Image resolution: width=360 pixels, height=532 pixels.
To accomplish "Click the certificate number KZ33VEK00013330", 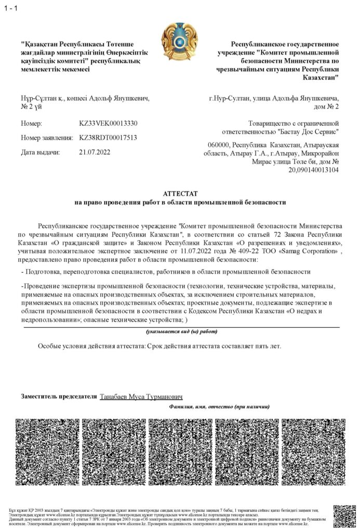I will [x=109, y=124].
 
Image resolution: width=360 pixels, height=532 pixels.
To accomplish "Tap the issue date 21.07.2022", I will [x=95, y=152].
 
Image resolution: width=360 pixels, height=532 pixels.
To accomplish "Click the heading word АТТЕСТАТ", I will [x=180, y=193].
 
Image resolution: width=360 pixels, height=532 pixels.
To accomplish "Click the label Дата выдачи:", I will [x=41, y=152].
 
